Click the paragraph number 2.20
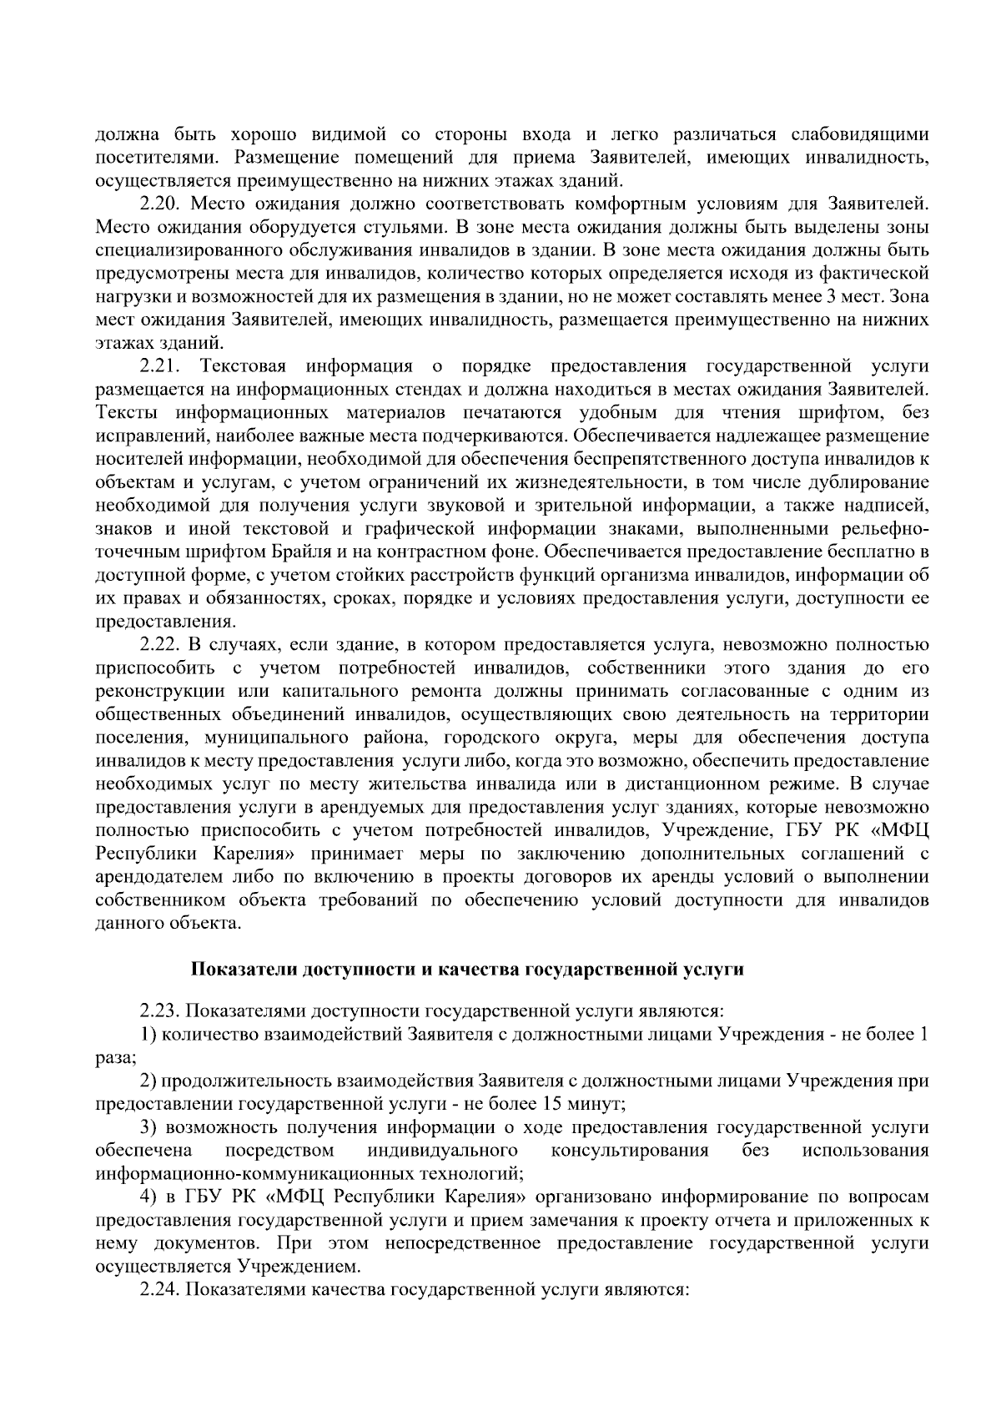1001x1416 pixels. [x=160, y=204]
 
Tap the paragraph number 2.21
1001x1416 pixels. [x=160, y=365]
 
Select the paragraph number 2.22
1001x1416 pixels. [x=160, y=644]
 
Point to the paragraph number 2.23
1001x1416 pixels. [x=160, y=1012]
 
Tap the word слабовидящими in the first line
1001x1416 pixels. [x=859, y=134]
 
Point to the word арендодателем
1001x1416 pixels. [x=150, y=877]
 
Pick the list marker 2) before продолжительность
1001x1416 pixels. [x=149, y=1081]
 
